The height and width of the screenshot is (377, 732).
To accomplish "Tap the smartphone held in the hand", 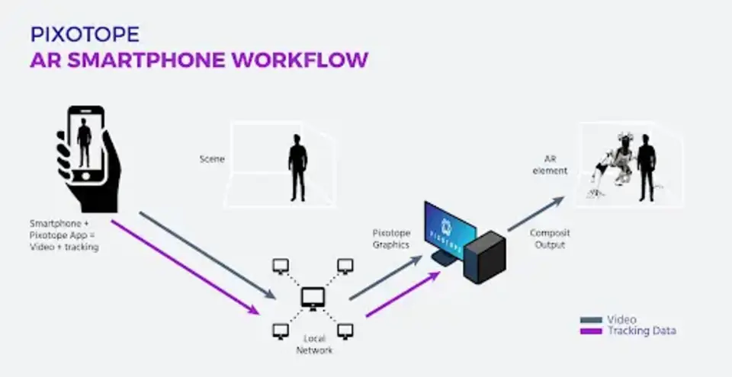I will pos(85,145).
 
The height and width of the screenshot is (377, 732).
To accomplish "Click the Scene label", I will pos(211,159).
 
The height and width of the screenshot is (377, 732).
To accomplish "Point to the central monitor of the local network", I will pos(313,297).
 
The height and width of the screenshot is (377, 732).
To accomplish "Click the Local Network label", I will pos(315,344).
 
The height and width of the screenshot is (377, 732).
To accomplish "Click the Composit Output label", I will pos(550,239).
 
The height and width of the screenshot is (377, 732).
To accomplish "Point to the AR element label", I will pos(554,165).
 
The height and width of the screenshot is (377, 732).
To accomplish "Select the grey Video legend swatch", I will pos(592,320).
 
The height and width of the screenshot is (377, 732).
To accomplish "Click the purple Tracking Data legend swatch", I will pos(592,331).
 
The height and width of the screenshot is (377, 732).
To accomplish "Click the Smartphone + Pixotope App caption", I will pos(64,235).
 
